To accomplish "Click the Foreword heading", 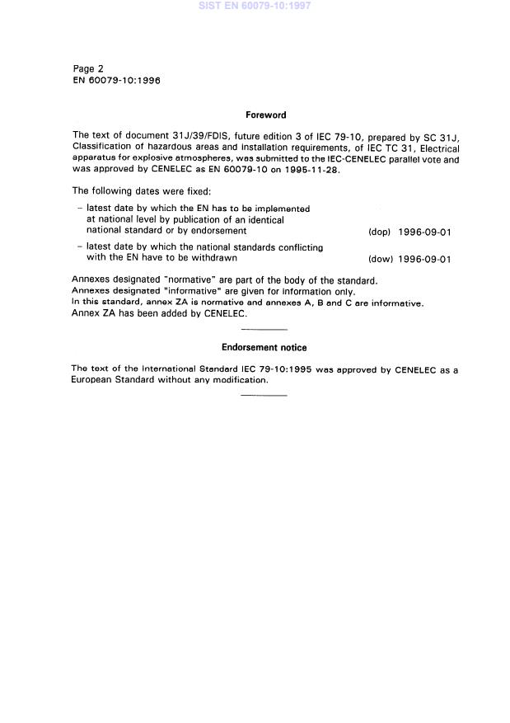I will click(x=265, y=115).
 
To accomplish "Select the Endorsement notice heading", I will click(x=264, y=348).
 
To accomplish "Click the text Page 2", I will click(x=88, y=69).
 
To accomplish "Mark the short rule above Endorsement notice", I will click(x=264, y=329).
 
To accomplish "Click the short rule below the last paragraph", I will click(x=264, y=396).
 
